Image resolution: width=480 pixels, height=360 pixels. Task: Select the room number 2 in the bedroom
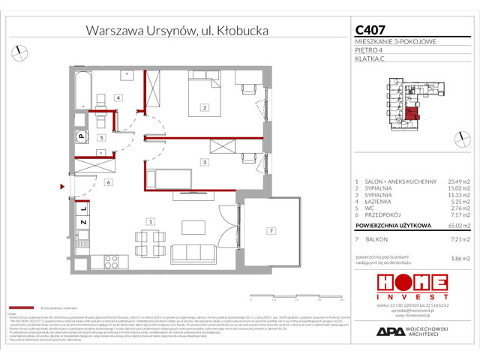click(204, 108)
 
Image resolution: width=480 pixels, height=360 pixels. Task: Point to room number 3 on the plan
click(204, 161)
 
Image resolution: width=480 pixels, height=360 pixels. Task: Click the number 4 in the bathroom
click(118, 97)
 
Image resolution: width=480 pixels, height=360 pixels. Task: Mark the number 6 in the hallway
click(109, 181)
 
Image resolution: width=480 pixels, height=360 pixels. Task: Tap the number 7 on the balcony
click(272, 230)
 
